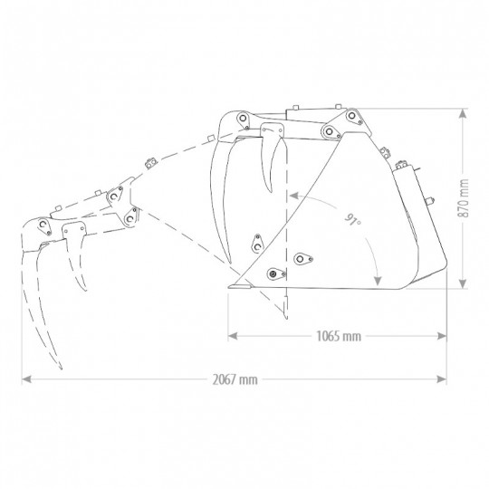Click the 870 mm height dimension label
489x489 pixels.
point(464,198)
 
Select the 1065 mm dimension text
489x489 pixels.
point(339,336)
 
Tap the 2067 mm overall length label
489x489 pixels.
point(235,379)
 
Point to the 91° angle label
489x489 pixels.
point(353,219)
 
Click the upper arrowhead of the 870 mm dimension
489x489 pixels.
point(464,113)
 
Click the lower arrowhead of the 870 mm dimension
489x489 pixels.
point(464,283)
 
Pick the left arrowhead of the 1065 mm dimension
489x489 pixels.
point(233,336)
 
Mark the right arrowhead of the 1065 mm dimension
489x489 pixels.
point(442,336)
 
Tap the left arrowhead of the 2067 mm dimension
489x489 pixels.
point(26,379)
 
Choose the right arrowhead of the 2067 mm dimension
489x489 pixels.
point(442,379)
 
